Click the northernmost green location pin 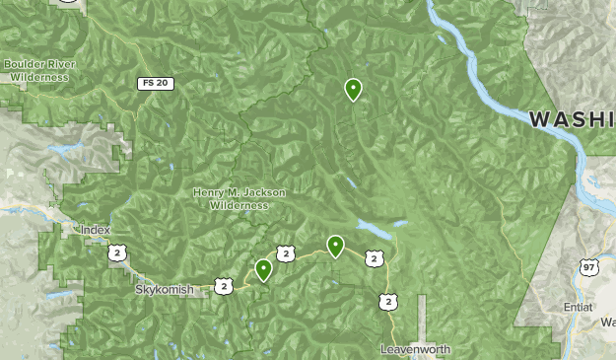(x=353, y=90)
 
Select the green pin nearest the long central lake (x=336, y=246)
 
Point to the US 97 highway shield (x=587, y=267)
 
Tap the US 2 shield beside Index (x=116, y=253)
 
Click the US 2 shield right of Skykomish (x=224, y=286)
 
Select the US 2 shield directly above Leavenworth (x=389, y=301)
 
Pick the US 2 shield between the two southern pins (x=285, y=254)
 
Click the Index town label (x=96, y=230)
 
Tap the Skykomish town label (x=158, y=290)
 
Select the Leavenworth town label (x=415, y=350)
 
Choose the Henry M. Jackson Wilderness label (x=240, y=199)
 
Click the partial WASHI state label (x=572, y=119)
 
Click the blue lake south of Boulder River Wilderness (x=61, y=149)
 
